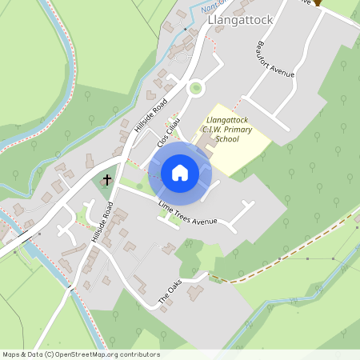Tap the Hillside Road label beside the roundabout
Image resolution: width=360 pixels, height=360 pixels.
[150, 115]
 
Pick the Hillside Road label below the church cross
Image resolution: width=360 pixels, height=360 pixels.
[101, 222]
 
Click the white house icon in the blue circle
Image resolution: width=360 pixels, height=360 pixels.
[179, 173]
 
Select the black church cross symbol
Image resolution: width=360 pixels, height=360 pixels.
[108, 181]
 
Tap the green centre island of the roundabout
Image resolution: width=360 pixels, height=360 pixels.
[194, 88]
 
